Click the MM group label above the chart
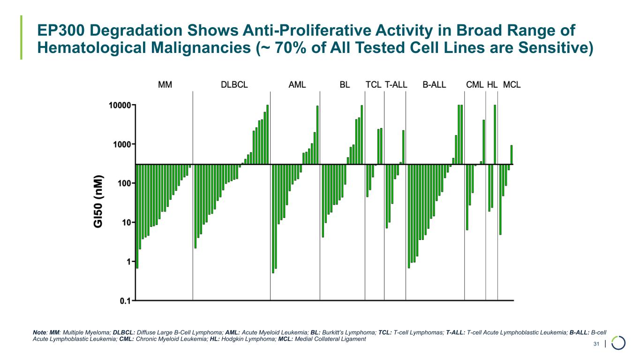(165, 85)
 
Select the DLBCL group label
(234, 85)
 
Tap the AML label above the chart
(297, 85)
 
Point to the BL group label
(345, 85)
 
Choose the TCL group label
(373, 85)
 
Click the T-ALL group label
(396, 85)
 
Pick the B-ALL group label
(434, 85)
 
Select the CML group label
(474, 85)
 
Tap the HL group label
(492, 85)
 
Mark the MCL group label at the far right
(512, 85)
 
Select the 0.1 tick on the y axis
(125, 301)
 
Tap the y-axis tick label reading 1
(128, 262)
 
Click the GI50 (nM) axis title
(99, 202)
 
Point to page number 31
(596, 345)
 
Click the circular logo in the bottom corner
(618, 343)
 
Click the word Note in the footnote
(39, 332)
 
